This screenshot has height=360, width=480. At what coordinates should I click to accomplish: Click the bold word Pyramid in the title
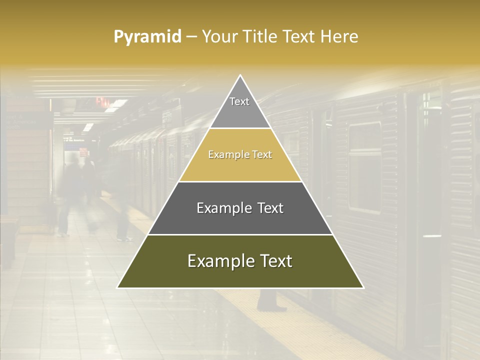[x=147, y=37]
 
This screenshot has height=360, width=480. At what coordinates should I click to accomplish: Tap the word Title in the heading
[x=259, y=37]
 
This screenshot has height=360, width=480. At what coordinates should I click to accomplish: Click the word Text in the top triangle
[x=239, y=101]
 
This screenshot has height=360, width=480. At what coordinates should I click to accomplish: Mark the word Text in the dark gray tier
[x=270, y=208]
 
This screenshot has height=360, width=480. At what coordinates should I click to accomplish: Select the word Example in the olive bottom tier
[x=221, y=261]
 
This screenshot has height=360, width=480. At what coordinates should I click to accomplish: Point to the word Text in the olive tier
[x=276, y=261]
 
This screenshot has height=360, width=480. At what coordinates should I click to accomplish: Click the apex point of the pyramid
[x=240, y=75]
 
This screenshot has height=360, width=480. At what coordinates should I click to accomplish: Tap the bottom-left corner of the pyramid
[x=118, y=287]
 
